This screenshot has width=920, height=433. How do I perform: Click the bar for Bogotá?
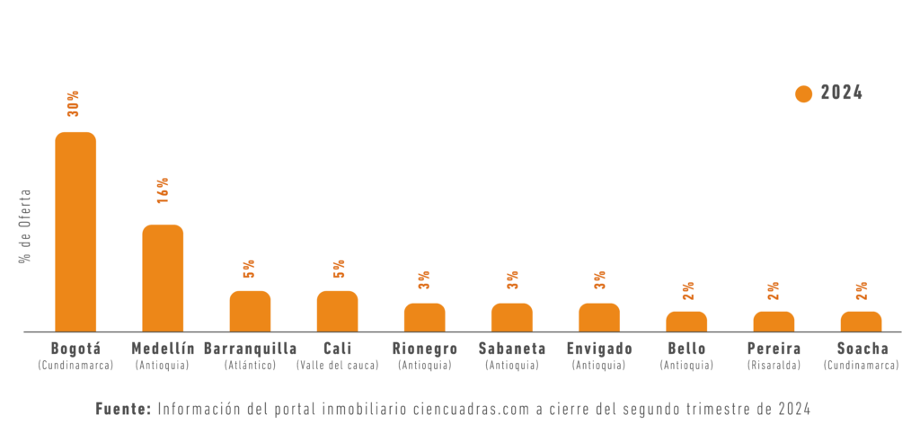pyautogui.click(x=75, y=232)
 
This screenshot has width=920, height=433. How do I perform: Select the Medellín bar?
pyautogui.click(x=163, y=278)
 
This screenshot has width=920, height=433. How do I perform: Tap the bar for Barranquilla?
pyautogui.click(x=250, y=311)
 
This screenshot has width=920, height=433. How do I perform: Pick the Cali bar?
pyautogui.click(x=337, y=311)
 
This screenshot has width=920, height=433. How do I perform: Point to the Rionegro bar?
pyautogui.click(x=424, y=317)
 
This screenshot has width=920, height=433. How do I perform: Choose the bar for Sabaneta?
pyautogui.click(x=511, y=317)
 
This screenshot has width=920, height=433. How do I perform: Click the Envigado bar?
pyautogui.click(x=598, y=317)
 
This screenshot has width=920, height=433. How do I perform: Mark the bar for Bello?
pyautogui.click(x=686, y=322)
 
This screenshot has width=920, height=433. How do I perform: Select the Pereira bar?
pyautogui.click(x=774, y=322)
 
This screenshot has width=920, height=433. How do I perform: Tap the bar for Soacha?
pyautogui.click(x=861, y=322)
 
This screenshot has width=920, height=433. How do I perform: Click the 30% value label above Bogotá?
pyautogui.click(x=73, y=103)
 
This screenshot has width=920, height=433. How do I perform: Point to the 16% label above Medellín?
pyautogui.click(x=163, y=190)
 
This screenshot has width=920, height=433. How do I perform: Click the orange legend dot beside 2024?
pyautogui.click(x=803, y=93)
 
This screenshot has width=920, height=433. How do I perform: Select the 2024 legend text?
pyautogui.click(x=842, y=93)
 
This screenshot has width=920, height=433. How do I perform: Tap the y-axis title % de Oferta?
pyautogui.click(x=25, y=225)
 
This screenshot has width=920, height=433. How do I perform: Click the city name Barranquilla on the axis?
pyautogui.click(x=250, y=349)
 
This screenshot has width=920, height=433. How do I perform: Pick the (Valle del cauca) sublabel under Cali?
pyautogui.click(x=337, y=366)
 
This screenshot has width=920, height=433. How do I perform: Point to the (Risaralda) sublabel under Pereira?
pyautogui.click(x=774, y=366)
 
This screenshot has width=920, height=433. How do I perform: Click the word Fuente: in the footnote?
pyautogui.click(x=123, y=409)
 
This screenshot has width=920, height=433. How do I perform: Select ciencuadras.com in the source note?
pyautogui.click(x=472, y=409)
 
